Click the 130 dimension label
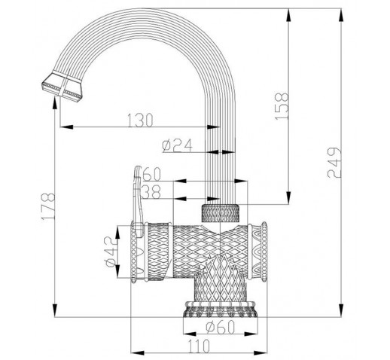pos(140,120)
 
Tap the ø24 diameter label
pos(177,145)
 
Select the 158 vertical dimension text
pos(282,106)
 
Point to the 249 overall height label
pos(334,163)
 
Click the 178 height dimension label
pos(48,206)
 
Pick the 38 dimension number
pos(151,192)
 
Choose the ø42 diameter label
pos(111,252)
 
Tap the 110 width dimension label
pos(199,346)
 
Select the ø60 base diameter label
pos(220,327)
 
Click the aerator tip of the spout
pos(62,87)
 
